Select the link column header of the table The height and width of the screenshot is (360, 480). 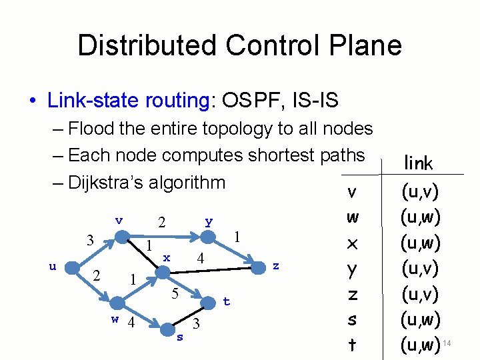pyautogui.click(x=418, y=163)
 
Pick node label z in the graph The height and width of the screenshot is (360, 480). pyautogui.click(x=275, y=266)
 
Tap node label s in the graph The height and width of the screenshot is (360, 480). pyautogui.click(x=179, y=337)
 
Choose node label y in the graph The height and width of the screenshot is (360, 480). pyautogui.click(x=209, y=221)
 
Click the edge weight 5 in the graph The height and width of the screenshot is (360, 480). pyautogui.click(x=174, y=293)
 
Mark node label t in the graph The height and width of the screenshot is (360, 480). pyautogui.click(x=226, y=302)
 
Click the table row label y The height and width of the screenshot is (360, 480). pyautogui.click(x=353, y=269)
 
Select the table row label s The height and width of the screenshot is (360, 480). pyautogui.click(x=353, y=320)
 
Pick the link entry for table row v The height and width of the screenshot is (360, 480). pyautogui.click(x=419, y=192)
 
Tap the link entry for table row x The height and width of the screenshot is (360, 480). pyautogui.click(x=419, y=243)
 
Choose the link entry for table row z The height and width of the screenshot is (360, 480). pyautogui.click(x=419, y=294)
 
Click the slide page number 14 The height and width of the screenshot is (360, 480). pyautogui.click(x=447, y=343)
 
